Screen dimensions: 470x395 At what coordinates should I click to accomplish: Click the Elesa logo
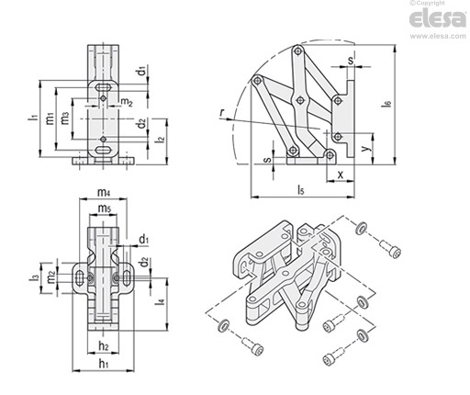click(438, 18)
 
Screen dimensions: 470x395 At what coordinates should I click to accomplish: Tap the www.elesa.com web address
click(438, 36)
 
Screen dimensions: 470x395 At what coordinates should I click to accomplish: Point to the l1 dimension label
click(33, 118)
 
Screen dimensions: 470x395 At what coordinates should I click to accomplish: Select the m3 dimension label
click(65, 118)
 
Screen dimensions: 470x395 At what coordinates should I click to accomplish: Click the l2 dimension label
click(160, 139)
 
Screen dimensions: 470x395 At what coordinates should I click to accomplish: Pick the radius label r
click(222, 113)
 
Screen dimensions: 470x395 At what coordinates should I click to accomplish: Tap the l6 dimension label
click(387, 104)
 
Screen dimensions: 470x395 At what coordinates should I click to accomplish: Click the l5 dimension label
click(301, 190)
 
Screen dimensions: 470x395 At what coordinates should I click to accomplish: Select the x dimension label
click(340, 175)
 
